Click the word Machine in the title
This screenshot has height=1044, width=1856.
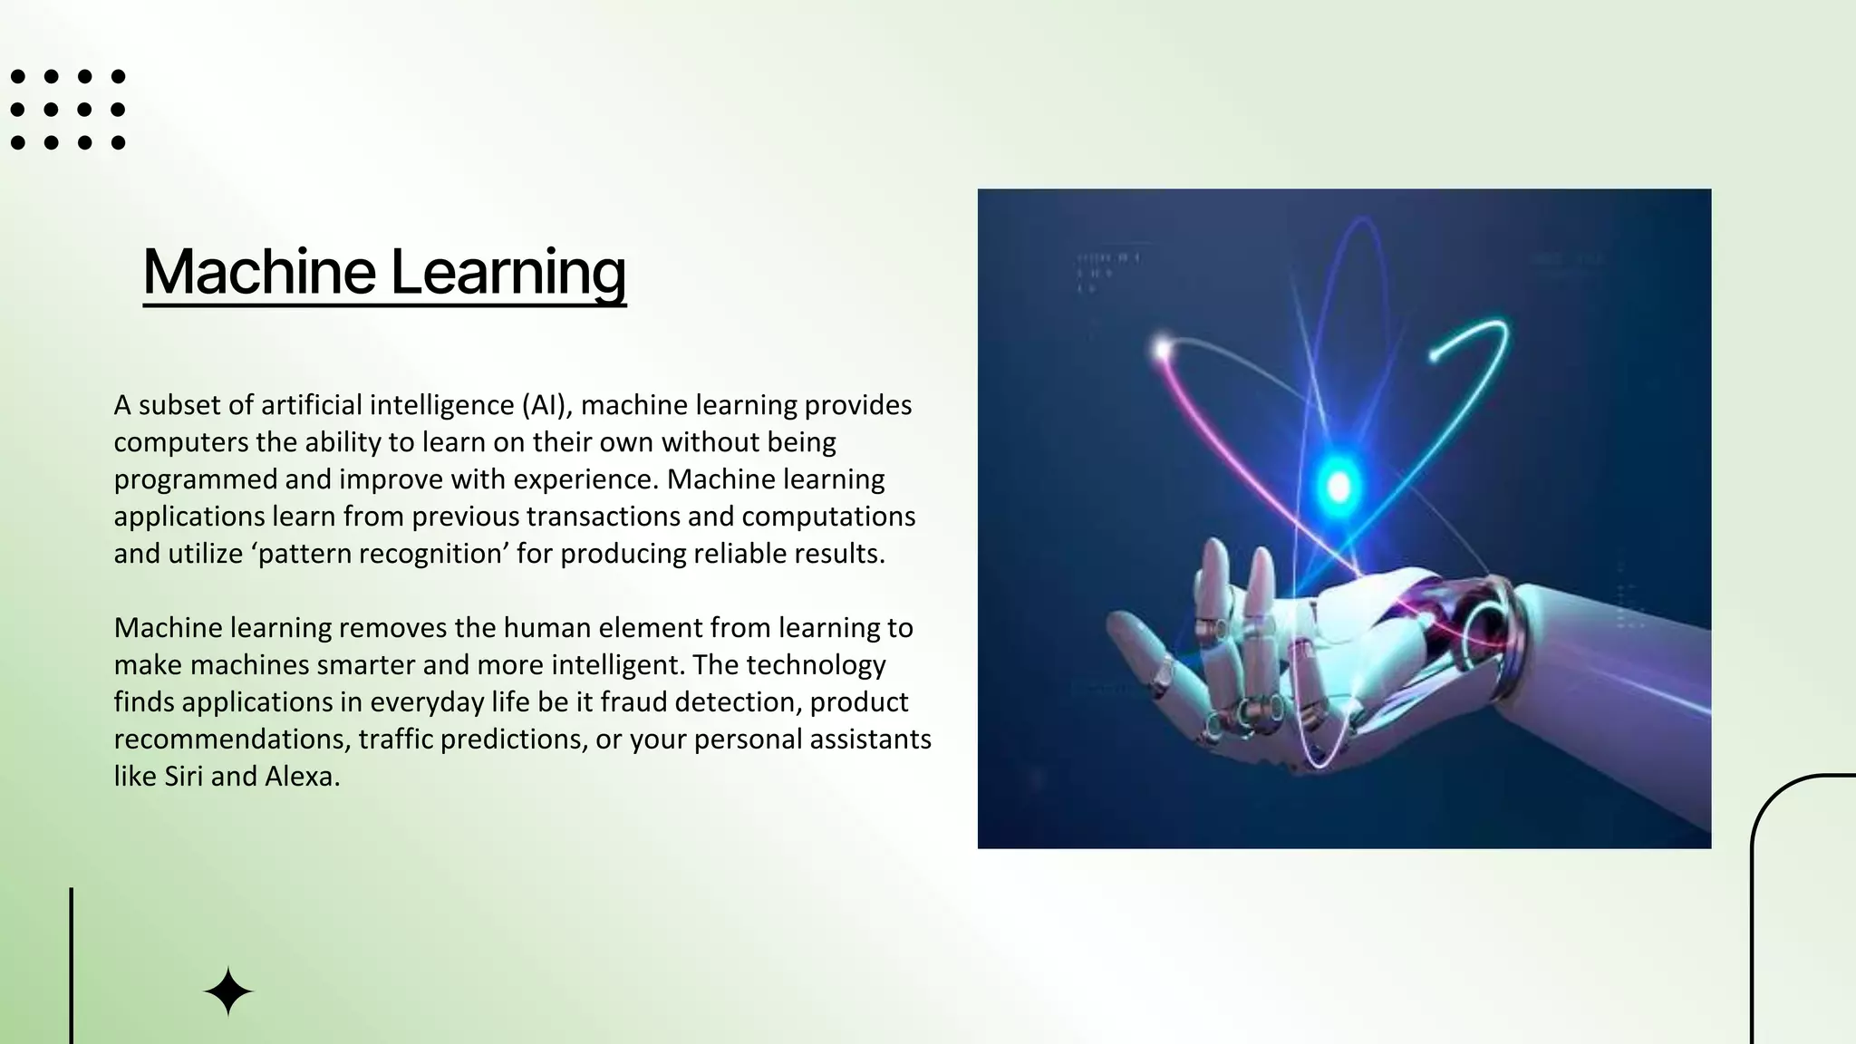[259, 271]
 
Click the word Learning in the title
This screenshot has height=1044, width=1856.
[508, 273]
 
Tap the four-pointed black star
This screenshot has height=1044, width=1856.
[228, 991]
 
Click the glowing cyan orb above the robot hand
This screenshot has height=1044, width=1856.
[1339, 486]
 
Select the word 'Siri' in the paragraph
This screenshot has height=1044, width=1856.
[184, 777]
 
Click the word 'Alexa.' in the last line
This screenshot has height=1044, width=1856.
[303, 777]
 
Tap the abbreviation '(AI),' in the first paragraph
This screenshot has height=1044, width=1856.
[547, 405]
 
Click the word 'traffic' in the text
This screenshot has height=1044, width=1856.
[395, 739]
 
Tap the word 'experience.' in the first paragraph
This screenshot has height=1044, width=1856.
[585, 479]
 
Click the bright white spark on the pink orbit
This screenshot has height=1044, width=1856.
[1163, 347]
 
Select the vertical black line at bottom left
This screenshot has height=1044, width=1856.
[72, 965]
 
